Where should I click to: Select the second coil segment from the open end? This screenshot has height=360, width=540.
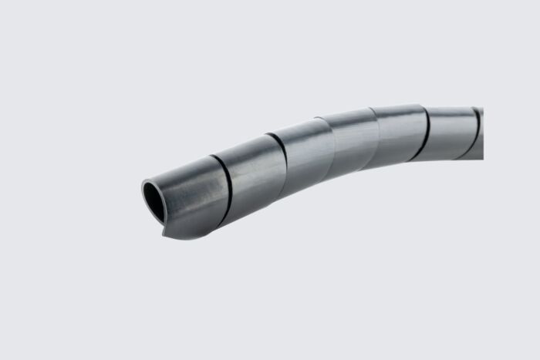click(x=255, y=173)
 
